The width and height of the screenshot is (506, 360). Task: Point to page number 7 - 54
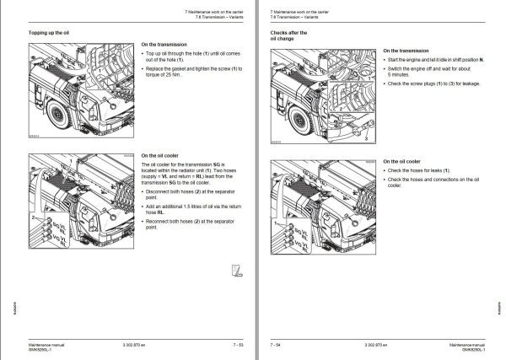[276, 344]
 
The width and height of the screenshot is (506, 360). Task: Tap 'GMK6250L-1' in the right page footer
[466, 350]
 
